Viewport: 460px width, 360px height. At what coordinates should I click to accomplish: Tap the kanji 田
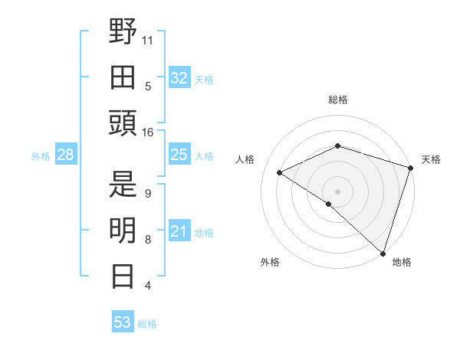pos(123,77)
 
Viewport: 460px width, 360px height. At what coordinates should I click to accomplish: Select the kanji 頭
pos(123,123)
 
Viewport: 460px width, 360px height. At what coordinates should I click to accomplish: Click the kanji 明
pos(123,231)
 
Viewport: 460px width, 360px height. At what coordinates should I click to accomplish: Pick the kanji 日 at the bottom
pos(123,276)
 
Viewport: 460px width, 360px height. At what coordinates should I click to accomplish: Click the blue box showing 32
pos(179,77)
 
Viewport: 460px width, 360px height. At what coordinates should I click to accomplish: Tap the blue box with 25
pos(179,155)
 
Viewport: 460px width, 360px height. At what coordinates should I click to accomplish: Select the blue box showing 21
pos(179,232)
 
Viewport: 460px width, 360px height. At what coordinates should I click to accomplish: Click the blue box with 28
pos(66,155)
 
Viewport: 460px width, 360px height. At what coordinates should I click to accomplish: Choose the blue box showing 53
pos(123,322)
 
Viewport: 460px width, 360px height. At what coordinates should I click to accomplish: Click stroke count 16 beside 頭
pos(147,133)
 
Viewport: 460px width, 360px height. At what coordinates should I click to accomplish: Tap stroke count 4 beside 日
pos(147,286)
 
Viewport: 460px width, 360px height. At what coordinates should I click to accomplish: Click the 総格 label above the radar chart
pos(338,100)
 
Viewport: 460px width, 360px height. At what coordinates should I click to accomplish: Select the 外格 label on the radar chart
pos(269,263)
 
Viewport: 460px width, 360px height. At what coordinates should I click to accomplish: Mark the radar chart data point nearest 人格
pos(280,173)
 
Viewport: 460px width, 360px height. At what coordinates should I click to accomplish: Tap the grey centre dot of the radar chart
pos(337,191)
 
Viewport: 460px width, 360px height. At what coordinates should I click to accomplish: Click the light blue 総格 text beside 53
pos(147,324)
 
